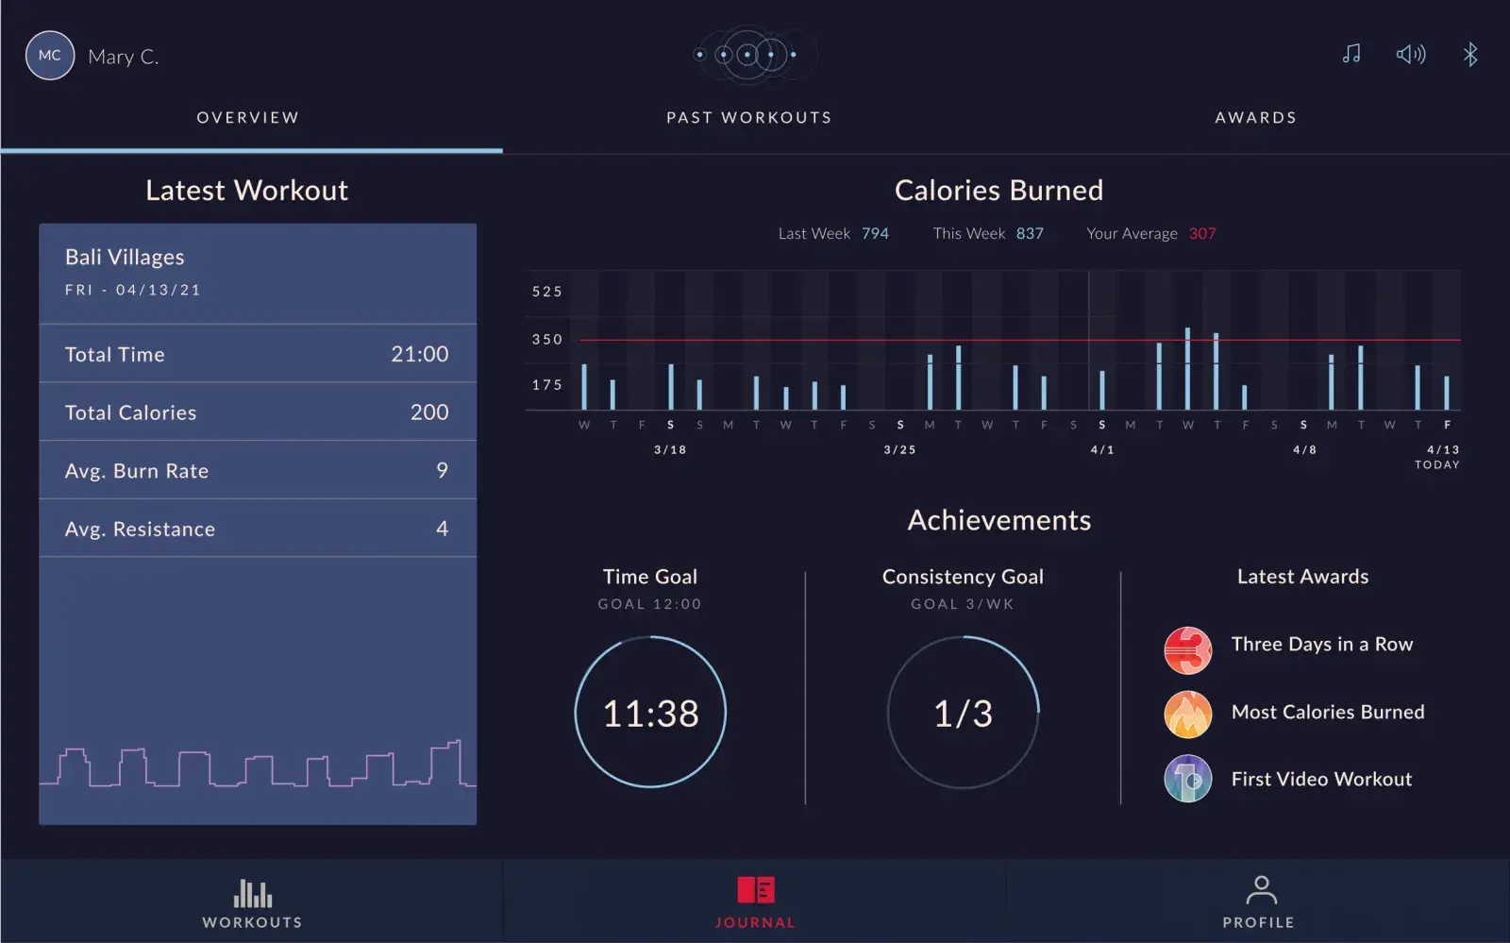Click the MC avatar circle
[50, 56]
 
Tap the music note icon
[1351, 54]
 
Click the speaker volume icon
[1411, 54]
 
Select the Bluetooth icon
[1470, 54]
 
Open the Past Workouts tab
[749, 118]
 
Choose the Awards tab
[1255, 118]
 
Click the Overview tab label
[248, 118]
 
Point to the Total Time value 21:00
[420, 354]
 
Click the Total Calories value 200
[429, 413]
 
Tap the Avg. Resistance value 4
[442, 529]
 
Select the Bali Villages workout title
[125, 257]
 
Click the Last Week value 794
[875, 233]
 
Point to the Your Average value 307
[1202, 233]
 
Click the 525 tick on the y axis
[547, 292]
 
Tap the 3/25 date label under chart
[899, 450]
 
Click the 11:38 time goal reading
[650, 714]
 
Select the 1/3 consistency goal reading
[963, 714]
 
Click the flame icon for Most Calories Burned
[1188, 714]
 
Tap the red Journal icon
[756, 890]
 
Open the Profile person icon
[1261, 890]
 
